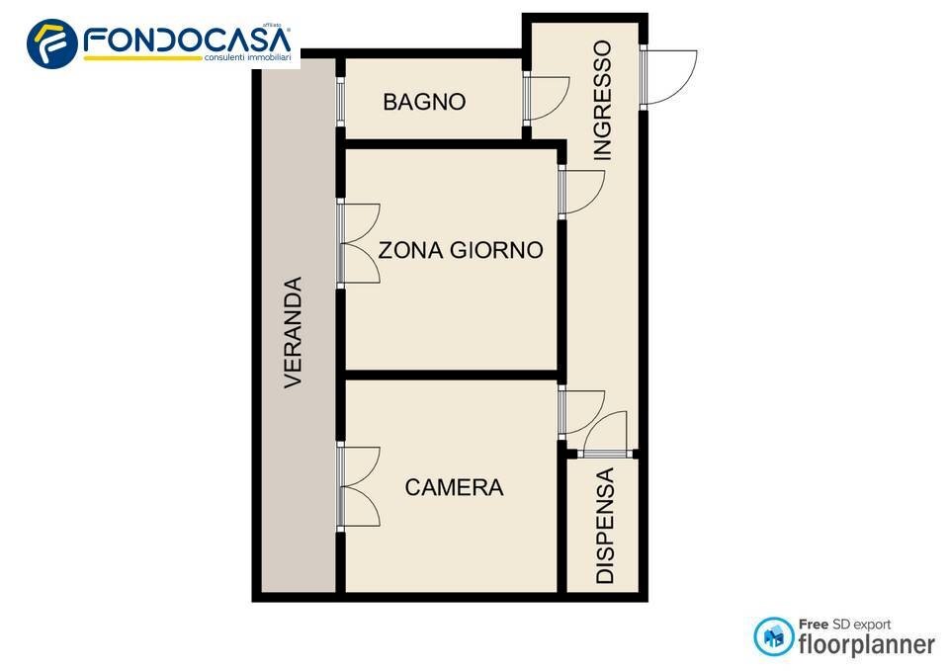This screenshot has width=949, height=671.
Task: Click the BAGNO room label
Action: point(424,101)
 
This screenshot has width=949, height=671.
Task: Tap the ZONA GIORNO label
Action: point(461,250)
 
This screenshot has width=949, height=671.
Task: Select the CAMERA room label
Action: point(454,487)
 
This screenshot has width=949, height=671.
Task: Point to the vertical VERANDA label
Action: point(294,332)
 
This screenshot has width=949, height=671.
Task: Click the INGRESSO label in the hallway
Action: point(602,100)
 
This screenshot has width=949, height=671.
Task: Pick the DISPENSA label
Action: point(605,526)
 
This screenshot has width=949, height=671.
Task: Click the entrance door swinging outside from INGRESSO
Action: point(668,78)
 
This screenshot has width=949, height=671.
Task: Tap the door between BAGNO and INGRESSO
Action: point(545,99)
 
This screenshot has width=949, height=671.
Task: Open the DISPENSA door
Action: point(605,436)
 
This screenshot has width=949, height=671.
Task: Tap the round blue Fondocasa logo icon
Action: point(52,43)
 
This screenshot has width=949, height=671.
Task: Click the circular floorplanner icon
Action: point(774,636)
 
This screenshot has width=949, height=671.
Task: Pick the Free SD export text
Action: point(844,625)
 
